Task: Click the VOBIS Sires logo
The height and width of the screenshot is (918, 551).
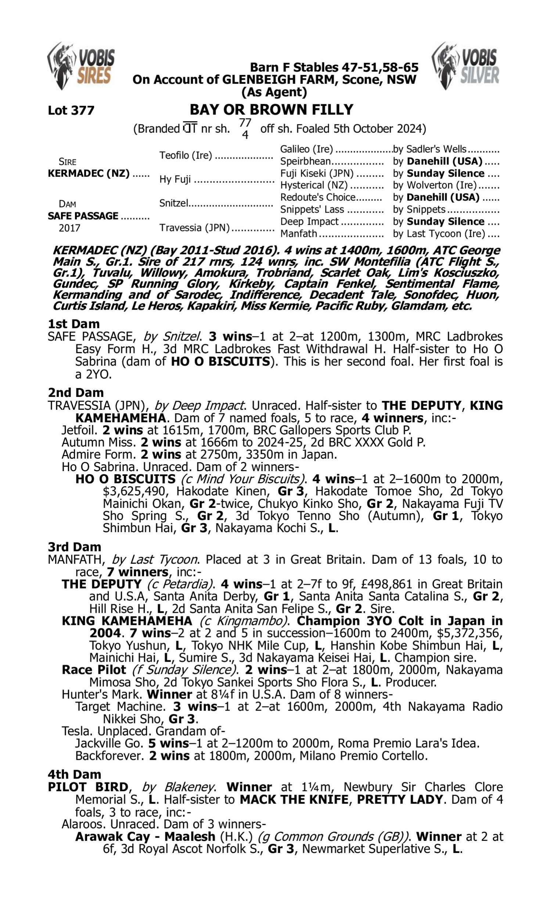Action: (81, 66)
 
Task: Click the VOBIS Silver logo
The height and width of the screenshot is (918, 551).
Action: (465, 66)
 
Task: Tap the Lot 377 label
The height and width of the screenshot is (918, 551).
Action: (71, 110)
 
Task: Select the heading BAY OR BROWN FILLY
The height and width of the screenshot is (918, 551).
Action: (271, 109)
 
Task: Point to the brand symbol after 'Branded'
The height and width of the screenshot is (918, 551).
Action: (190, 129)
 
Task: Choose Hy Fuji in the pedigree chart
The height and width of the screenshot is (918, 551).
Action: (175, 179)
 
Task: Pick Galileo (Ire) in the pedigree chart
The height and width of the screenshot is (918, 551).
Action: (306, 149)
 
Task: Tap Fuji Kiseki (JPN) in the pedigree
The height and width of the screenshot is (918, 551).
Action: (317, 173)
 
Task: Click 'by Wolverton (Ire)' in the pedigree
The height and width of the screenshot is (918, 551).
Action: (439, 185)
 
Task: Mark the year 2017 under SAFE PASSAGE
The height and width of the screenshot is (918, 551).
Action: (69, 228)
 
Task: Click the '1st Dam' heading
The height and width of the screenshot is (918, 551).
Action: (73, 324)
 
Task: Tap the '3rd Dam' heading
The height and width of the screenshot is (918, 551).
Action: (74, 546)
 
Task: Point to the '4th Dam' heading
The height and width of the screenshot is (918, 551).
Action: (74, 774)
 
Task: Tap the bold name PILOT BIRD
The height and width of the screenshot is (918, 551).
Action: (88, 787)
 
